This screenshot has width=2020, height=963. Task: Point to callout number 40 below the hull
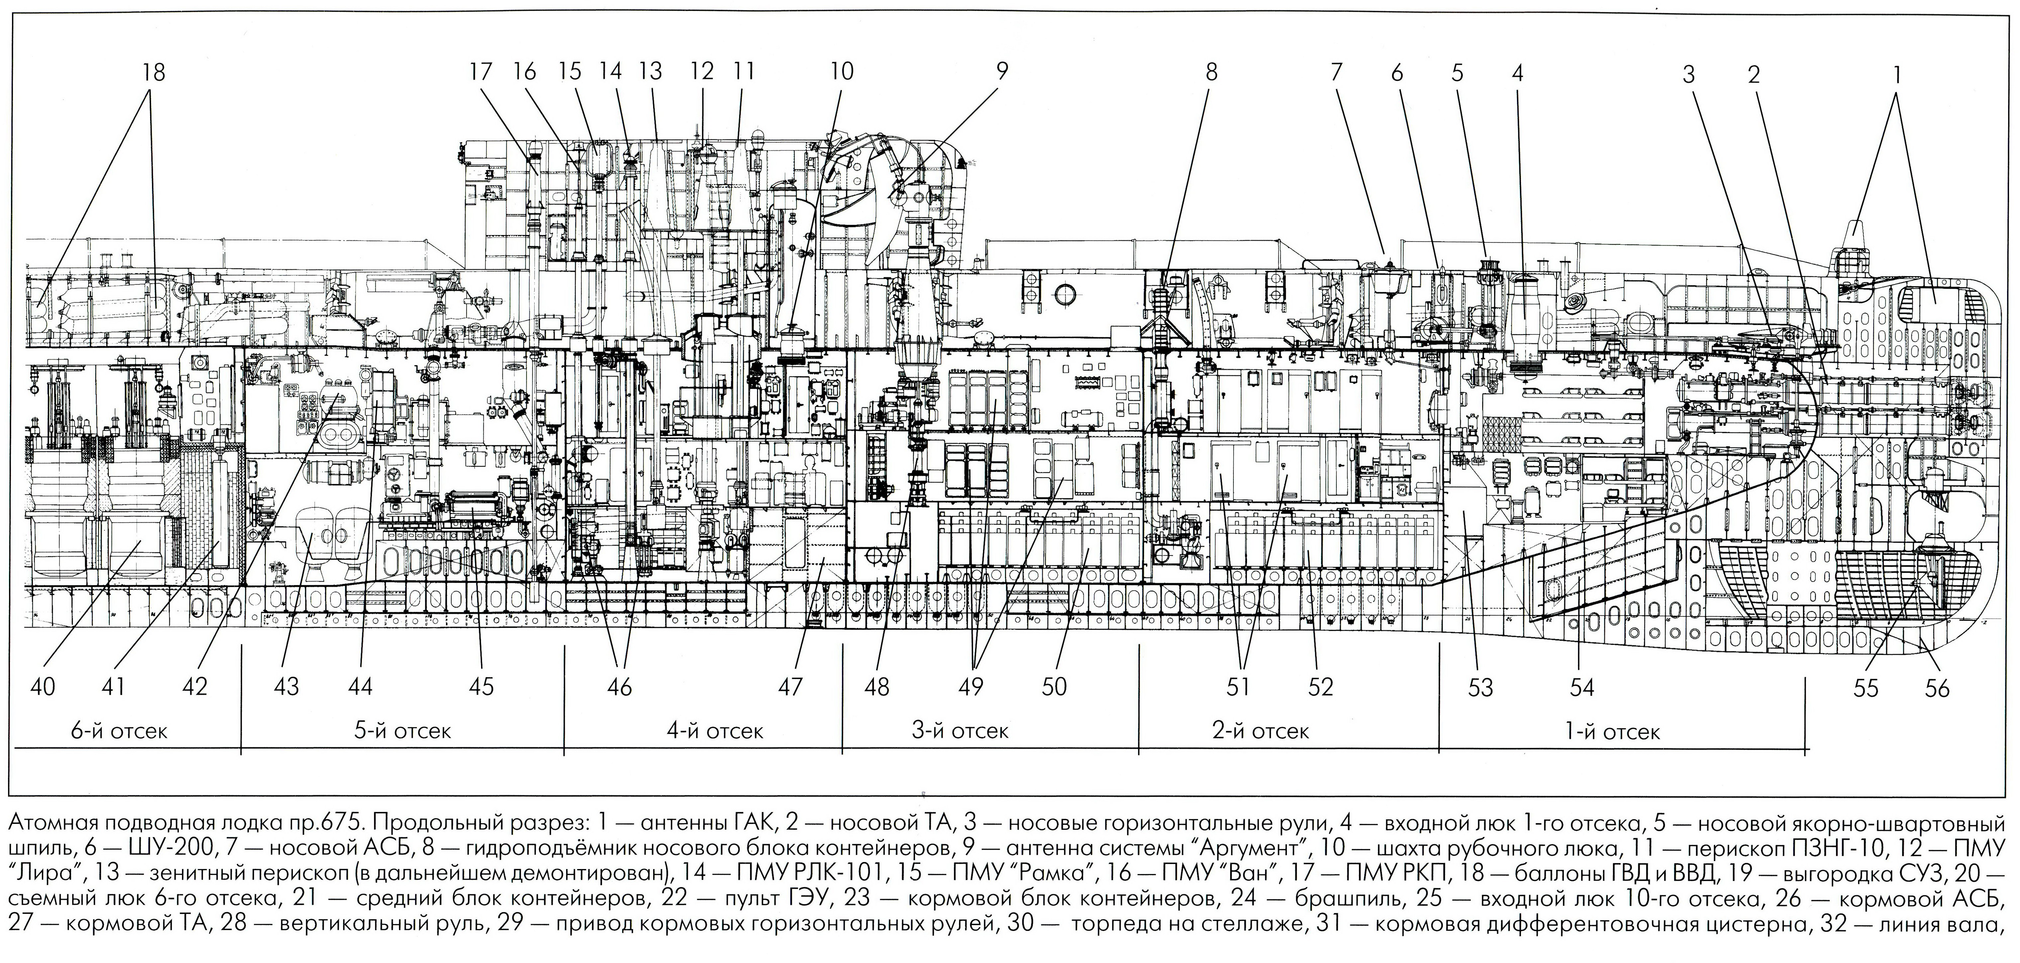pos(43,687)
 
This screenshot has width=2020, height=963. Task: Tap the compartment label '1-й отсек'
pos(1612,733)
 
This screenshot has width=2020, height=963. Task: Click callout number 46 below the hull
pos(620,687)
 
